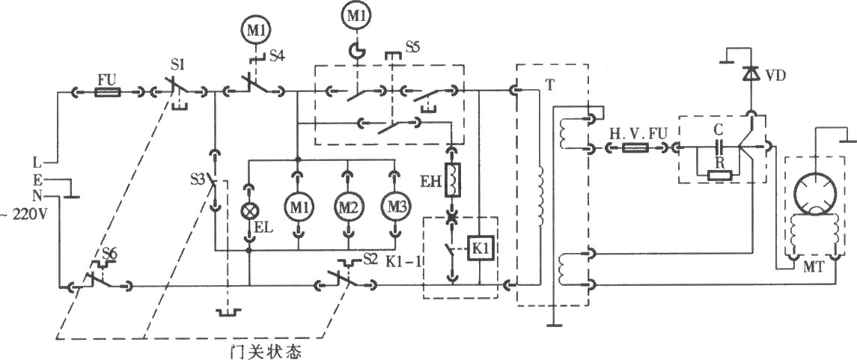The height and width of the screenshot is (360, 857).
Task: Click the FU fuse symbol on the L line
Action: click(x=107, y=93)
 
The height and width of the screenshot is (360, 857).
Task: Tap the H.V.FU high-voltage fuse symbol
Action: click(x=636, y=147)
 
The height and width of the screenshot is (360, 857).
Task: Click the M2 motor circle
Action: click(x=347, y=206)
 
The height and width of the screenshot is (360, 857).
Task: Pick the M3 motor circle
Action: click(x=394, y=206)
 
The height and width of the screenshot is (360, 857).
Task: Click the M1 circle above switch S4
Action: click(x=256, y=29)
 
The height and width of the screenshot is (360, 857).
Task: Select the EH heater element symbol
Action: click(x=452, y=180)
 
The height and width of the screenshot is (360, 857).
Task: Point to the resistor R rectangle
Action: click(x=719, y=175)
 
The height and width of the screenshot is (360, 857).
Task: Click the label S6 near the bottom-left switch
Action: click(x=110, y=253)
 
